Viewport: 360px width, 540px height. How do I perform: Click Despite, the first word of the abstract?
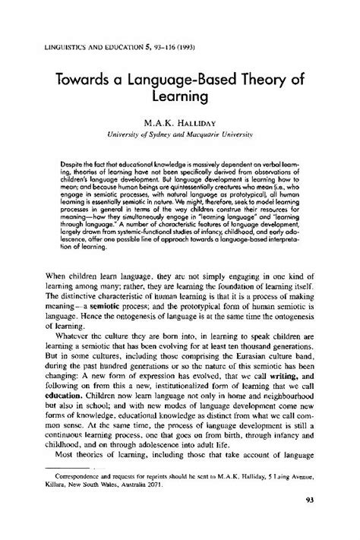pos(77,164)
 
